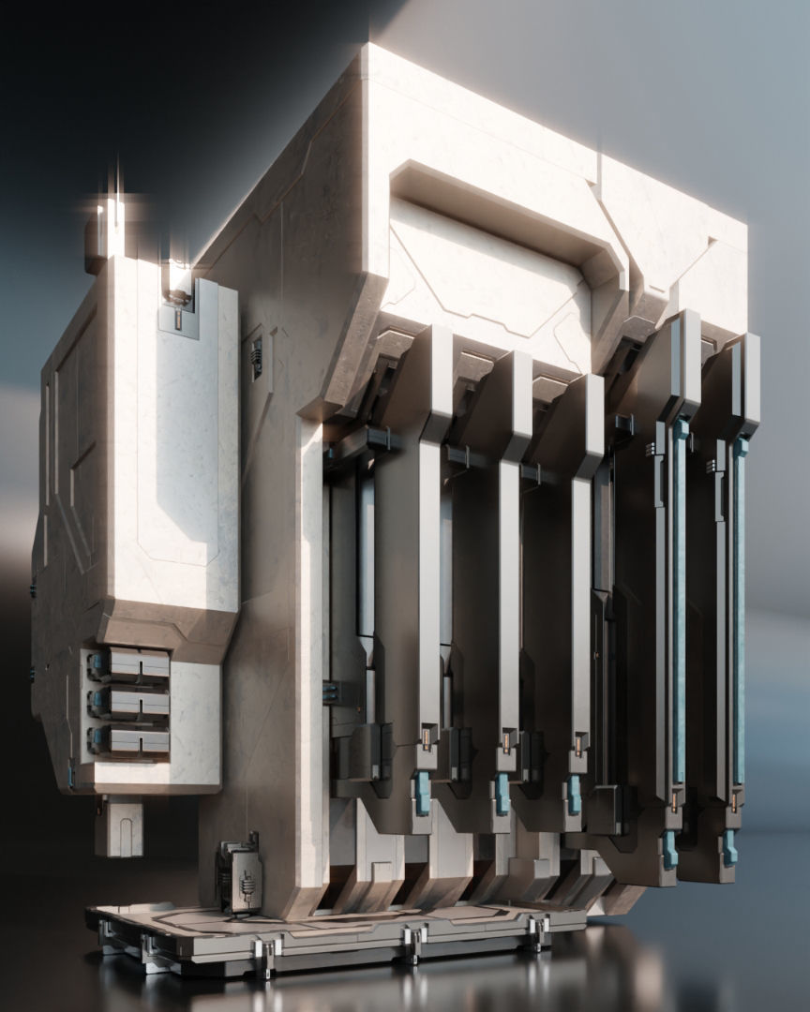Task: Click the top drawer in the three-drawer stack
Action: (x=131, y=666)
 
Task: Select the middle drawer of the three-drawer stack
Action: (x=131, y=702)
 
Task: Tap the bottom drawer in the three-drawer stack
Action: (x=131, y=739)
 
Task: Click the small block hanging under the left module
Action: (x=119, y=826)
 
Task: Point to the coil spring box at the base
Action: (x=241, y=878)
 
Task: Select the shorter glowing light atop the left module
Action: (x=174, y=277)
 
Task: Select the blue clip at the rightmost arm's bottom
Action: (x=729, y=849)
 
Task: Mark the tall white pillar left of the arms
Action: (x=309, y=656)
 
